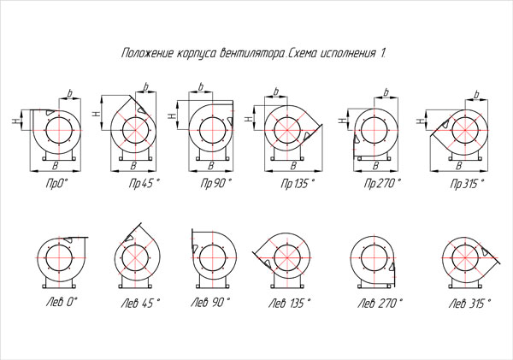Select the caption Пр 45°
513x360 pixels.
click(x=144, y=183)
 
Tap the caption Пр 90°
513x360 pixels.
click(x=215, y=183)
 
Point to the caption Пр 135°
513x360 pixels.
click(x=298, y=184)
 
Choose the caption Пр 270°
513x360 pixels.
click(x=382, y=183)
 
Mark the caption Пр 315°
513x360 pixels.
click(x=467, y=184)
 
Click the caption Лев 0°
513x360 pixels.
click(x=62, y=302)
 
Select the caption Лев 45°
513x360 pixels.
click(x=141, y=304)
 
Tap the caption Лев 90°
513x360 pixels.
click(x=210, y=302)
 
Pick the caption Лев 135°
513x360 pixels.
click(x=289, y=304)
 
